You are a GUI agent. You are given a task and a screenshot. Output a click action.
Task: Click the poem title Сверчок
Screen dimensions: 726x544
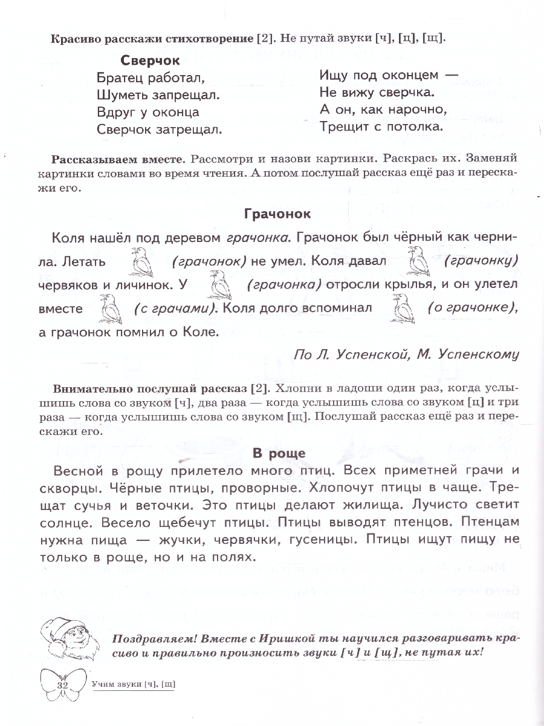[151, 61]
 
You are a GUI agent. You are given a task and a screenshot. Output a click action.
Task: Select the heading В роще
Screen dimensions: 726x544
[279, 453]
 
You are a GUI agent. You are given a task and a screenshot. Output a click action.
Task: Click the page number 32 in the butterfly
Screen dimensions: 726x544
[63, 685]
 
